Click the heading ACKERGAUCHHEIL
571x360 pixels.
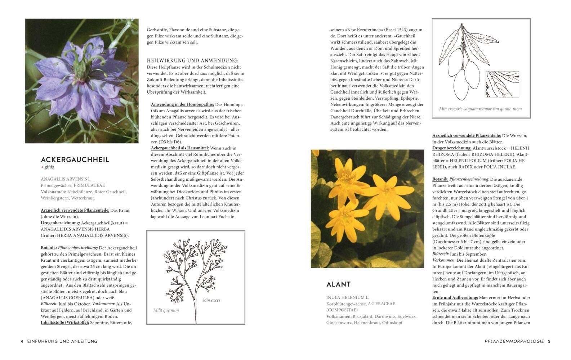[x=75, y=159]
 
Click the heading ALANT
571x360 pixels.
[x=338, y=284]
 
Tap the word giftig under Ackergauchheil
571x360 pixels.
[x=49, y=167]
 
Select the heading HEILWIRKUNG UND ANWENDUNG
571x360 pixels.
[x=192, y=61]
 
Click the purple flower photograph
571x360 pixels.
[x=82, y=81]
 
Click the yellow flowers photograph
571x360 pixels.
[x=367, y=209]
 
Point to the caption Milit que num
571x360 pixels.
[x=166, y=310]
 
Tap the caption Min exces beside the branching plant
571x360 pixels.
[x=211, y=300]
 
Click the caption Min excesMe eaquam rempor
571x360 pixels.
[x=480, y=109]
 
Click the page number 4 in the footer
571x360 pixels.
[x=22, y=341]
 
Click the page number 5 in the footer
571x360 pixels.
[x=549, y=341]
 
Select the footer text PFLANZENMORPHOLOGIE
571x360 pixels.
[x=514, y=341]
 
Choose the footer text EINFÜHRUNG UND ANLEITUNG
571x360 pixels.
[x=62, y=341]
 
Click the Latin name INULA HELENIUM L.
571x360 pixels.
[x=348, y=298]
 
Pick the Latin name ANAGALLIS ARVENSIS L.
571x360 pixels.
[x=66, y=179]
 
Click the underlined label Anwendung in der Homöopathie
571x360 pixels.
[x=182, y=104]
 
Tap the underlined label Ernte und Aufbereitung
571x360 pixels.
[x=455, y=298]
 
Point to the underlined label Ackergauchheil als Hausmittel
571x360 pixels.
[x=180, y=148]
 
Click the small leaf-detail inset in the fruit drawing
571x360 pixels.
[x=502, y=84]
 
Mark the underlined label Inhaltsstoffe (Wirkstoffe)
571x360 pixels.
[x=65, y=323]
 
